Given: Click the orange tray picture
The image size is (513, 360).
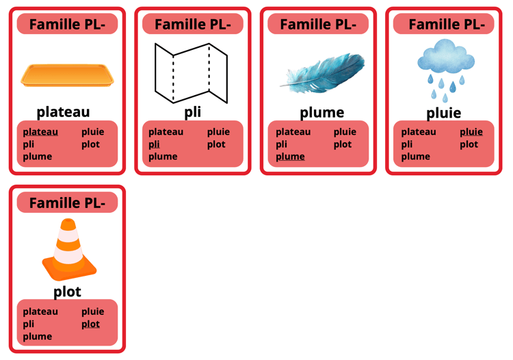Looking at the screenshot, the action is click(67, 75).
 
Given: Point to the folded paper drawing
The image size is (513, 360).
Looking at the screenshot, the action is click(191, 73).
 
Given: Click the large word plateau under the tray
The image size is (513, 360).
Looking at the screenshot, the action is click(63, 112).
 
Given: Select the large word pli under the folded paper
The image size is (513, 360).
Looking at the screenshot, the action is click(192, 112).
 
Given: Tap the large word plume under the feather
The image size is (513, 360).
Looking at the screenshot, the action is click(322, 112).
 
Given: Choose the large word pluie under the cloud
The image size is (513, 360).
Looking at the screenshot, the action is click(444, 113).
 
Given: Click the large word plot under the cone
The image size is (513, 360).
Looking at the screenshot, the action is click(67, 292).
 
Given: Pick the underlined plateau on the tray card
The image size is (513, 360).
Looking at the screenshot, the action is click(40, 132).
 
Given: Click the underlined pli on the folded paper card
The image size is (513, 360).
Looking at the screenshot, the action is click(154, 144).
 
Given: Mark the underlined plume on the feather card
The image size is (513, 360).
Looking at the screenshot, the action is click(290, 157).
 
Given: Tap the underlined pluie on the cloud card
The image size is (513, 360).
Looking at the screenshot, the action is click(471, 132).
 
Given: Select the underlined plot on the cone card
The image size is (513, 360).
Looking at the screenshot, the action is click(90, 324).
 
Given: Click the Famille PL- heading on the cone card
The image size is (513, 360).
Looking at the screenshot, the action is click(68, 203).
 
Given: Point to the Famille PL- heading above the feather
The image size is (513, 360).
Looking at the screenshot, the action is click(318, 24).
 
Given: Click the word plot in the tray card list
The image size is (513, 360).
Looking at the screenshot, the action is click(90, 144).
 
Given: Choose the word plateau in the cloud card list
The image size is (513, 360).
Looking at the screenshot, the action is click(419, 132).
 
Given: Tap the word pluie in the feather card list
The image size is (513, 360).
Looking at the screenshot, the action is click(345, 132).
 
